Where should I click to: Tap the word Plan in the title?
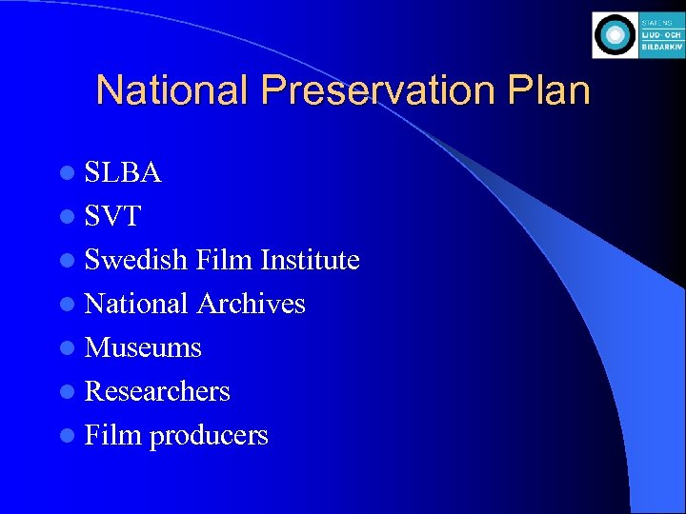550,90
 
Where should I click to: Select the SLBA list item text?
123,172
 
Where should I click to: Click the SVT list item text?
112,216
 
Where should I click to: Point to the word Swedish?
135,260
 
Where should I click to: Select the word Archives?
251,304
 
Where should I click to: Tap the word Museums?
143,347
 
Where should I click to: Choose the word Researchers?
157,391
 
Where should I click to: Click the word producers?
209,436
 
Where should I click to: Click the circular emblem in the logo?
615,35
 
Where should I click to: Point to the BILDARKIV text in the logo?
662,48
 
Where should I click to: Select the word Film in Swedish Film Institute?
223,260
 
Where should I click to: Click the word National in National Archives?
136,304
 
